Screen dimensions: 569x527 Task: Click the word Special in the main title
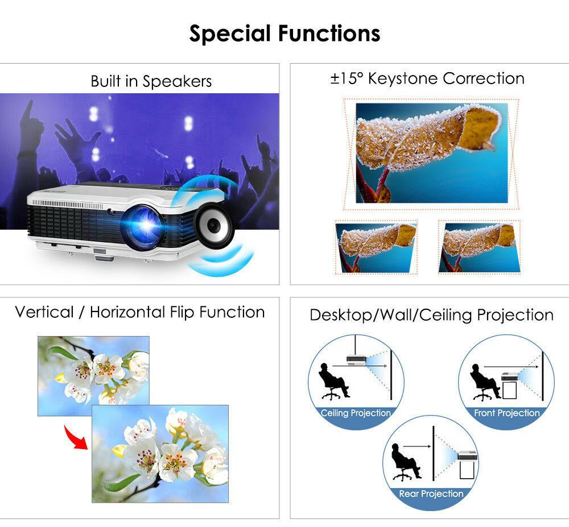230,34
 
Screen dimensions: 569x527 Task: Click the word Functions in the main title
329,34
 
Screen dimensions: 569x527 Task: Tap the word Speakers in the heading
177,81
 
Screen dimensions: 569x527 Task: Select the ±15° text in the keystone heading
347,78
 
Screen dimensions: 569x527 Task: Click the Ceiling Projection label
356,413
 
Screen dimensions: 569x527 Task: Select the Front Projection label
507,413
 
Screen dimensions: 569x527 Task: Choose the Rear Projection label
431,493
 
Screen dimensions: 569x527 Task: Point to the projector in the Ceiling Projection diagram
356,360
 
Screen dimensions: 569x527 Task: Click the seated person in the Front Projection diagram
484,383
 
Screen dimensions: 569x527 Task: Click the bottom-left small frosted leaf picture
376,247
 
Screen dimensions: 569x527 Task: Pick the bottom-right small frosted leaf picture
479,247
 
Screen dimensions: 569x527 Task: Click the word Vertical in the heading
44,312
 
